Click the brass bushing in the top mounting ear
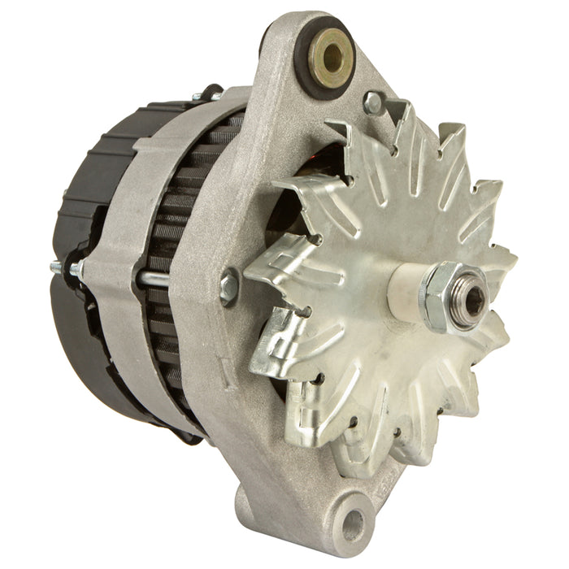329,53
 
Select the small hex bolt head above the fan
373,102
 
